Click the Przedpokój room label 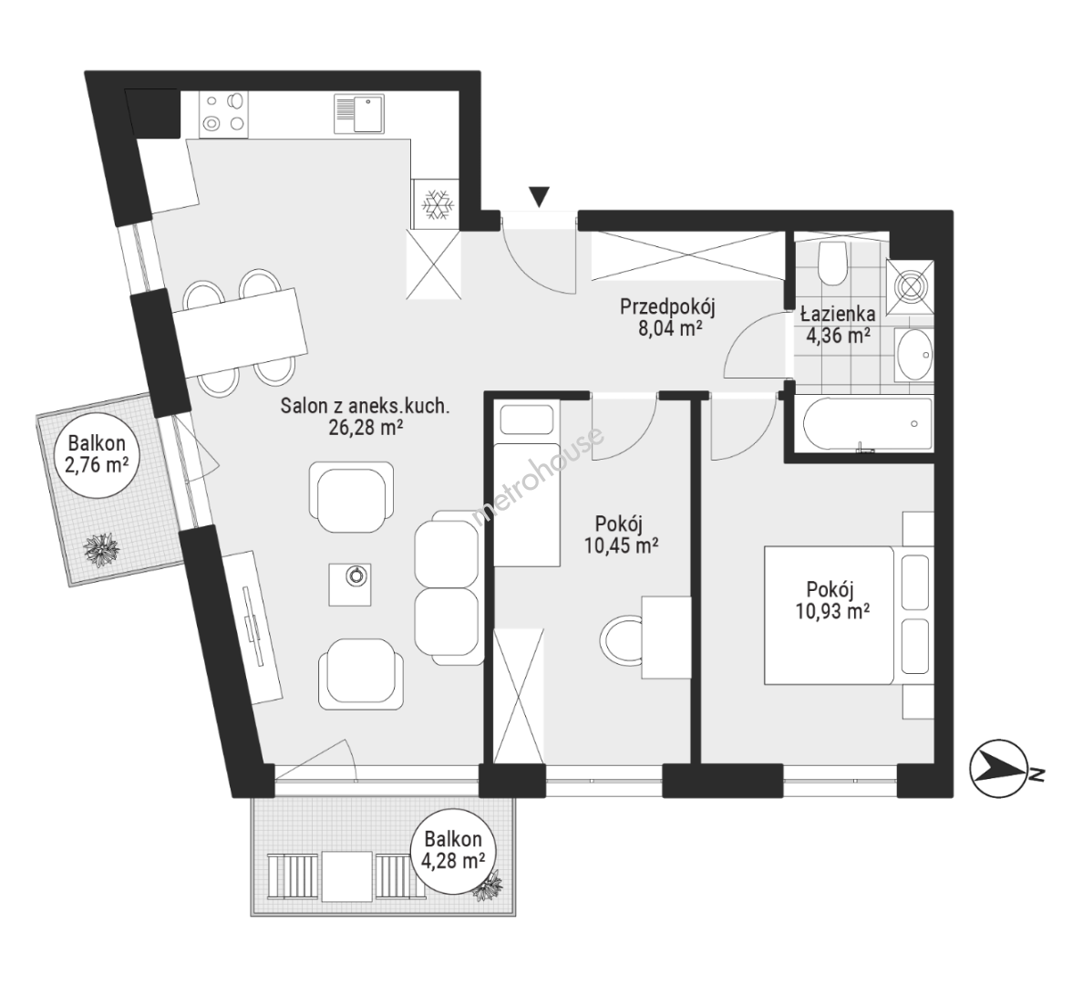click(667, 316)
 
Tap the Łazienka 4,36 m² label click(838, 325)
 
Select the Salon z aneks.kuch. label click(365, 416)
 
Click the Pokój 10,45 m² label click(620, 534)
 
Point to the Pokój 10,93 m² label click(831, 600)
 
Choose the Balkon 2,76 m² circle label click(96, 453)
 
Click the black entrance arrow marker click(540, 196)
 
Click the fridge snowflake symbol click(437, 204)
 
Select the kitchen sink click(359, 114)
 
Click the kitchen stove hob click(223, 113)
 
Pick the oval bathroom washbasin click(914, 356)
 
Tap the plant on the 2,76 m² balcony click(102, 550)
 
